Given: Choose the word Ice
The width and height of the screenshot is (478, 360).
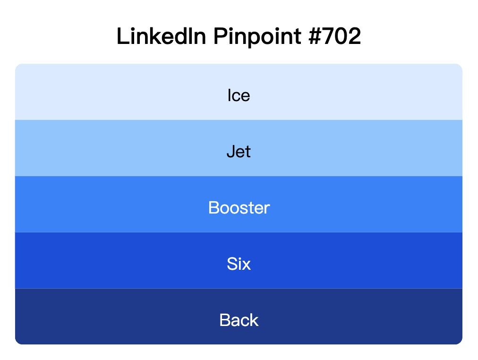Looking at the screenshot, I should pyautogui.click(x=239, y=95).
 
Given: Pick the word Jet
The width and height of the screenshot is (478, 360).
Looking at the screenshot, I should pyautogui.click(x=239, y=152).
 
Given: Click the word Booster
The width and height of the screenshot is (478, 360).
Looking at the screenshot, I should pyautogui.click(x=239, y=208).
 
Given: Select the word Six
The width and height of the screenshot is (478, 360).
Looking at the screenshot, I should pyautogui.click(x=239, y=264).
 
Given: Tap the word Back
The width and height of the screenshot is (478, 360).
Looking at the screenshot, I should pyautogui.click(x=239, y=320).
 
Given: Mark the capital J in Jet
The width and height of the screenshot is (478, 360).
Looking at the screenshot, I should pyautogui.click(x=230, y=152).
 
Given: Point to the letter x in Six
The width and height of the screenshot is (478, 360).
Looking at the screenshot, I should pyautogui.click(x=246, y=265).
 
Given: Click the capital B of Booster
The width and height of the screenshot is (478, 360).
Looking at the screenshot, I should pyautogui.click(x=213, y=208).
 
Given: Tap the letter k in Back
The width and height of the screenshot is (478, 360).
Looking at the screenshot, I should pyautogui.click(x=254, y=320).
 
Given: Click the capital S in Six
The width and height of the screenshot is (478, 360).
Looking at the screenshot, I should pyautogui.click(x=231, y=264).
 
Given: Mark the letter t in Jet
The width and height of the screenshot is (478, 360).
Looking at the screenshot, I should pyautogui.click(x=248, y=152).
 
